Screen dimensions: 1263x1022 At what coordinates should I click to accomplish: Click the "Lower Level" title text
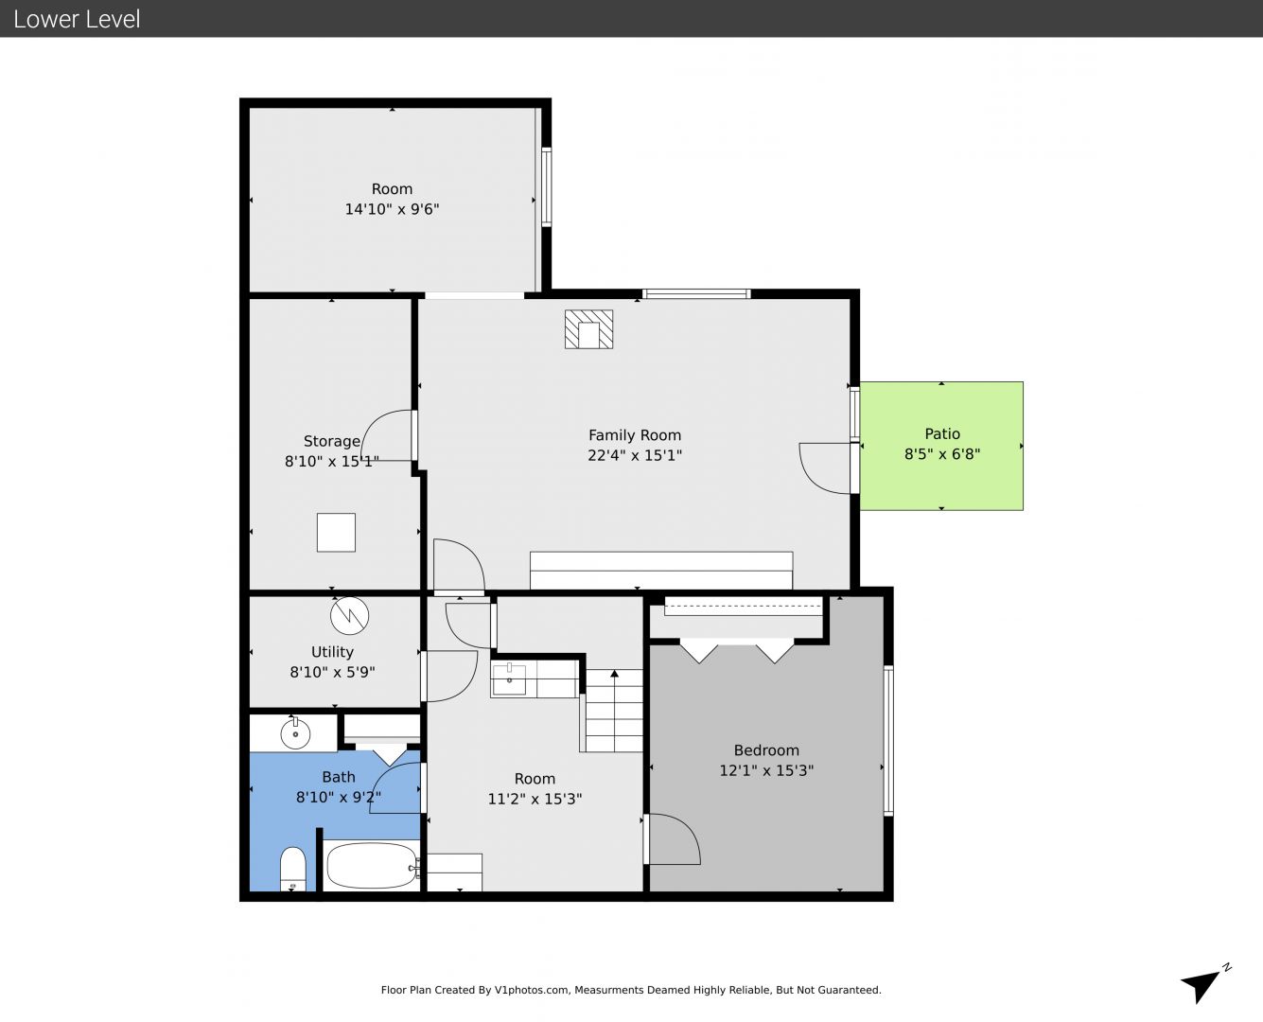pos(77,19)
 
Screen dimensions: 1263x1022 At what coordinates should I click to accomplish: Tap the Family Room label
pos(635,435)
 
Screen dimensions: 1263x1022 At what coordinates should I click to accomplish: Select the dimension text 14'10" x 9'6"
pos(392,209)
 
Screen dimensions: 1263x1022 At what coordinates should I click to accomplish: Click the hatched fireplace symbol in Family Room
pos(588,329)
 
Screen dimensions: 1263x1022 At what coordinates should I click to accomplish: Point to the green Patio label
pos(942,433)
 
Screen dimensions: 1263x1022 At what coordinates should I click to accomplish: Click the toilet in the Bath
pos(292,869)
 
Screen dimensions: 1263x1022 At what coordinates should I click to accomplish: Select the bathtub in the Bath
pos(373,866)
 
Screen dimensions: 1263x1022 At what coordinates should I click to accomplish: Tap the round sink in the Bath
pos(295,734)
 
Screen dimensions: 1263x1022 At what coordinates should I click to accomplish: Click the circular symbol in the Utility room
pos(349,616)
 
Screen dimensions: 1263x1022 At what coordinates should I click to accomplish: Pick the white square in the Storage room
pos(336,532)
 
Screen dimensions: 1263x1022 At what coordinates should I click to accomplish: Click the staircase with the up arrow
pos(614,711)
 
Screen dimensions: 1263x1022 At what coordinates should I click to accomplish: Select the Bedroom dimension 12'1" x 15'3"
pos(766,770)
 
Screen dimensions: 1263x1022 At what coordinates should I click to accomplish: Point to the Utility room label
pos(332,652)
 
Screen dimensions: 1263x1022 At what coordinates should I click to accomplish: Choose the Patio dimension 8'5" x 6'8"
pos(942,454)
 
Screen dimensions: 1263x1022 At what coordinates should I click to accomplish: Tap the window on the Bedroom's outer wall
pos(888,741)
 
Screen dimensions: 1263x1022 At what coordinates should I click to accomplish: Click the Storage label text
pos(332,441)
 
